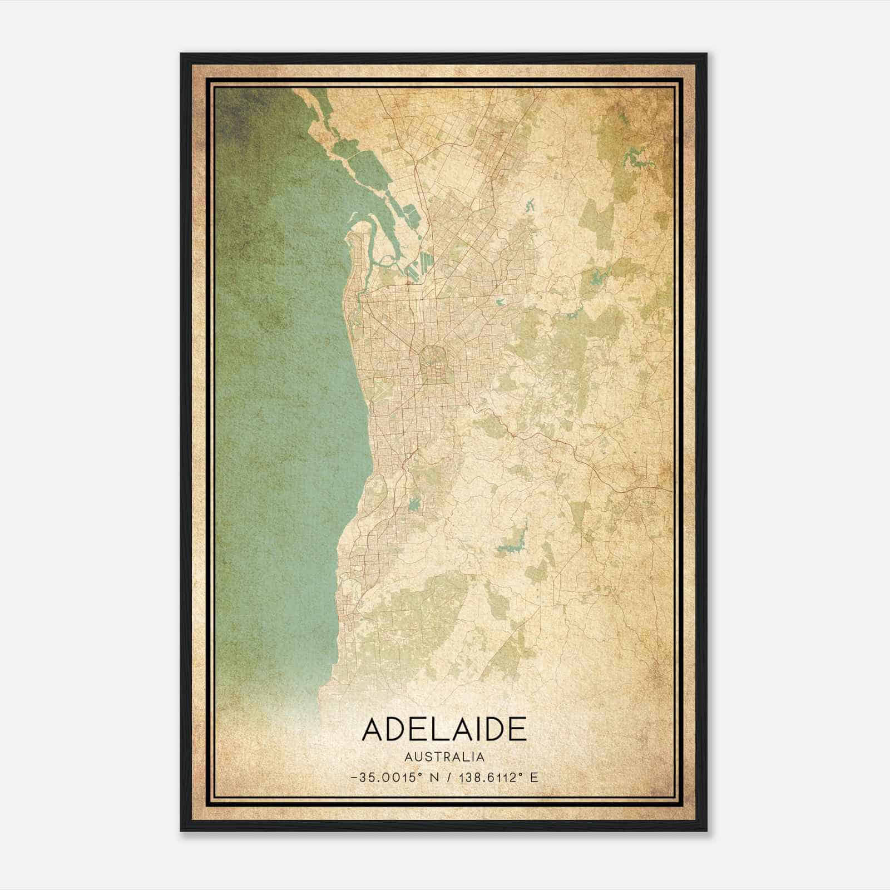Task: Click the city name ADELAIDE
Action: coord(444,729)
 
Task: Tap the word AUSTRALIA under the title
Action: coord(444,757)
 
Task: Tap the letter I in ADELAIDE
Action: coord(478,729)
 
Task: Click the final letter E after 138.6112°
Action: coord(534,778)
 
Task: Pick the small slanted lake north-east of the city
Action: coord(529,205)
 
